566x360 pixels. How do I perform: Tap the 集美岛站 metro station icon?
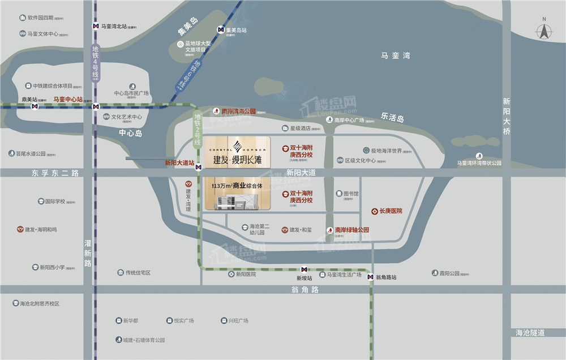(x=220, y=30)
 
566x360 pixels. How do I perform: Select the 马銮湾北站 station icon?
(x=96, y=26)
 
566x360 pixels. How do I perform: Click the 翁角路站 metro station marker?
(x=370, y=277)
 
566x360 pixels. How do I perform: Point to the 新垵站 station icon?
(x=304, y=269)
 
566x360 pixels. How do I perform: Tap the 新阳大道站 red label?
(x=179, y=162)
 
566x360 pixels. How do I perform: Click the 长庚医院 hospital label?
(x=391, y=211)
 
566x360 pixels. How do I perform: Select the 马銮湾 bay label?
(x=395, y=55)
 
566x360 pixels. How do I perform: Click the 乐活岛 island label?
(x=392, y=118)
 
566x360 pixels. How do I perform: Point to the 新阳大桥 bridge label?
(x=506, y=116)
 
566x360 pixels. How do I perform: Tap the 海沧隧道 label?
(x=530, y=333)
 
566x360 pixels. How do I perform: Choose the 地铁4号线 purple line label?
(x=96, y=62)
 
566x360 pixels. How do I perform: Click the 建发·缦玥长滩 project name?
(x=237, y=160)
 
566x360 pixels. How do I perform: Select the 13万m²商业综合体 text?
(x=237, y=185)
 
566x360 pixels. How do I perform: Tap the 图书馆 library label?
(x=351, y=193)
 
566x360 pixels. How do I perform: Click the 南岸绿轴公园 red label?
(x=351, y=230)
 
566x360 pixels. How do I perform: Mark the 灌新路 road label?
(x=88, y=253)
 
